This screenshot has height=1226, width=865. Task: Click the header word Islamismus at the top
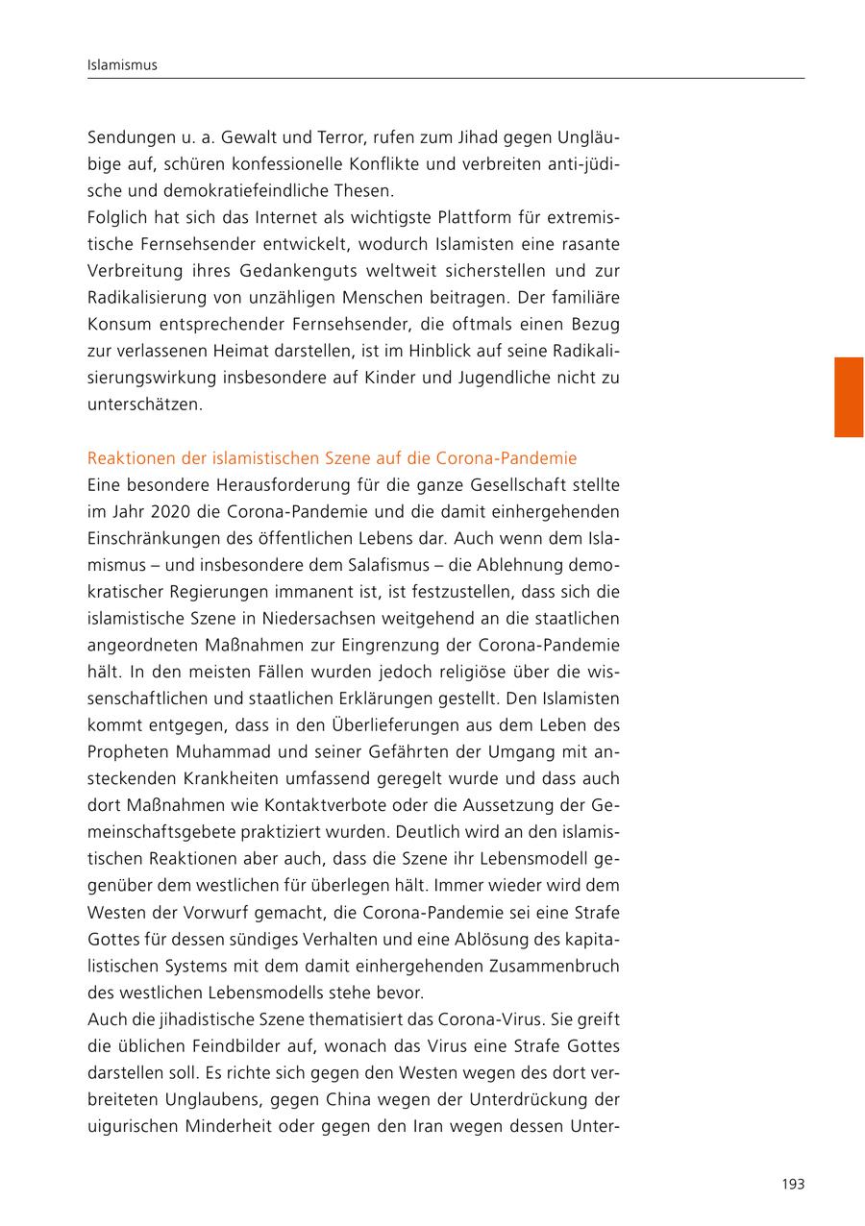coord(121,65)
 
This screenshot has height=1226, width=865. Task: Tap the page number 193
coord(792,1184)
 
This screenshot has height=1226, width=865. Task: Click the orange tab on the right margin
coord(848,397)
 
